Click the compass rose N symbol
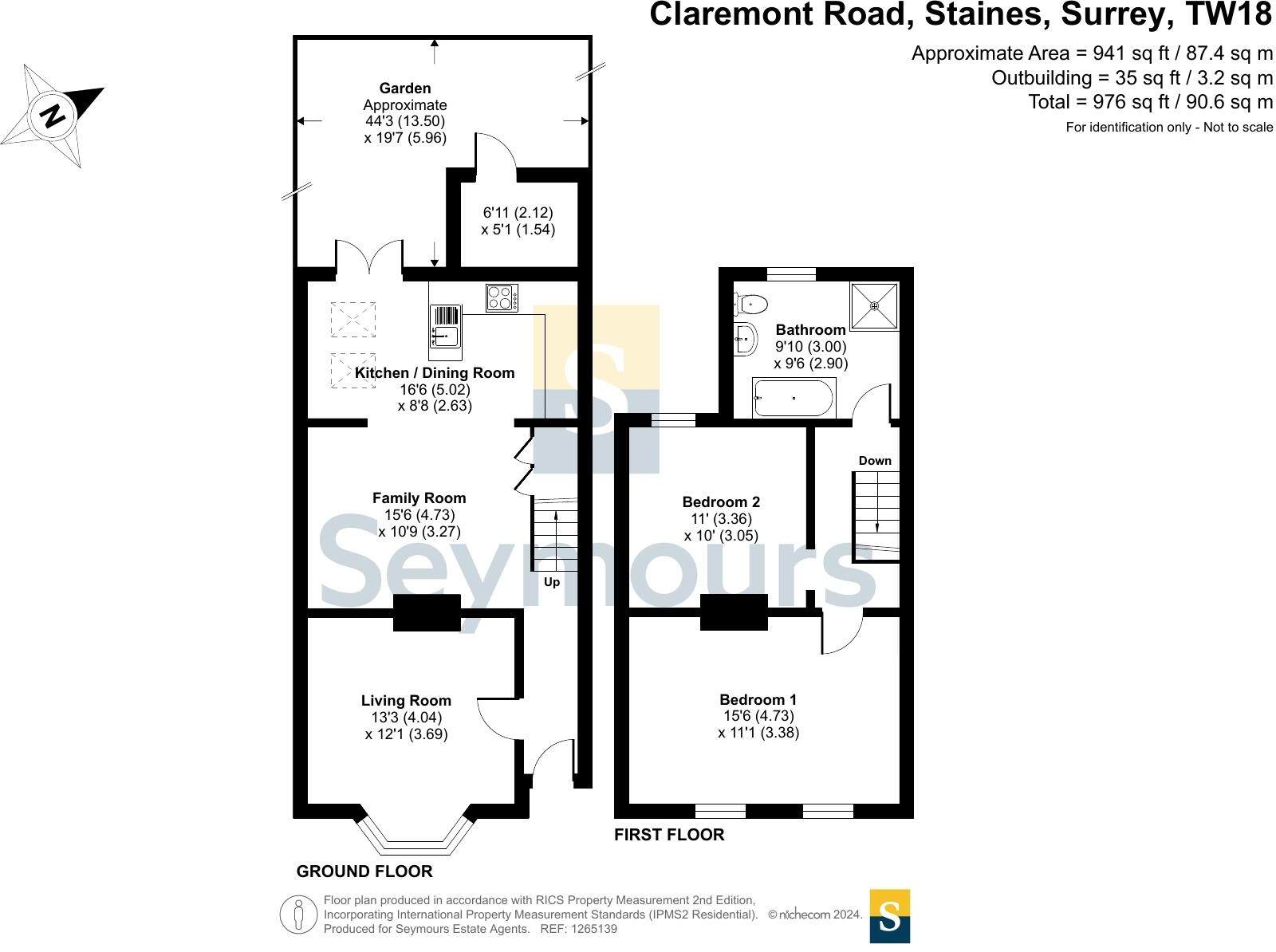pyautogui.click(x=53, y=116)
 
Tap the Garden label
pyautogui.click(x=405, y=89)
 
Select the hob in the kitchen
pyautogui.click(x=502, y=298)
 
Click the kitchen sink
pyautogui.click(x=445, y=327)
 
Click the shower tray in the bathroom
pyautogui.click(x=874, y=305)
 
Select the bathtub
pyautogui.click(x=794, y=398)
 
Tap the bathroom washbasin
pyautogui.click(x=746, y=340)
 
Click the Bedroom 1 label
pyautogui.click(x=758, y=700)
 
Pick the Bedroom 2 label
pyautogui.click(x=721, y=502)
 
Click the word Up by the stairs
pyautogui.click(x=552, y=582)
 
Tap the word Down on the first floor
pyautogui.click(x=875, y=461)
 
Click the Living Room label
pyautogui.click(x=406, y=701)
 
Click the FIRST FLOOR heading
pyautogui.click(x=669, y=835)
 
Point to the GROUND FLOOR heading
pyautogui.click(x=364, y=871)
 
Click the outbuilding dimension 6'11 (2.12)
pyautogui.click(x=518, y=213)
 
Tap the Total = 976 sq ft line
pyautogui.click(x=1150, y=102)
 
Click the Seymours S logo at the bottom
pyautogui.click(x=889, y=915)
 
